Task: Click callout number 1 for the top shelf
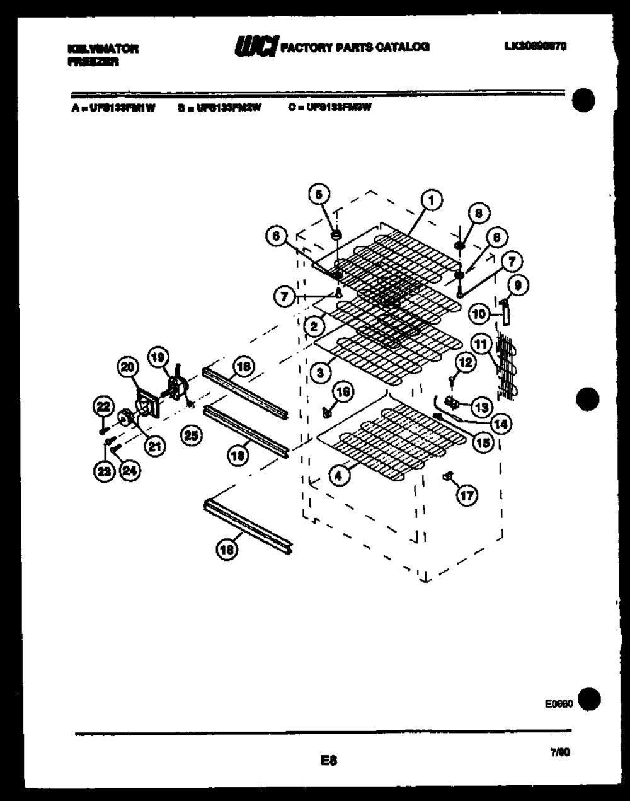click(x=431, y=201)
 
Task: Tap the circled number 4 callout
click(x=339, y=476)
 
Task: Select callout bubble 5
click(x=319, y=192)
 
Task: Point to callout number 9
click(x=518, y=285)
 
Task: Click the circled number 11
click(x=481, y=344)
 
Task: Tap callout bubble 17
click(x=467, y=496)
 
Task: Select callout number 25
click(x=192, y=435)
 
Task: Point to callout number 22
click(x=102, y=407)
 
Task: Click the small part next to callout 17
click(x=449, y=477)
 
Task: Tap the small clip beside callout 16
click(x=326, y=413)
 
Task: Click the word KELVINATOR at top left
click(x=101, y=49)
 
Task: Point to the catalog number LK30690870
click(x=535, y=45)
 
